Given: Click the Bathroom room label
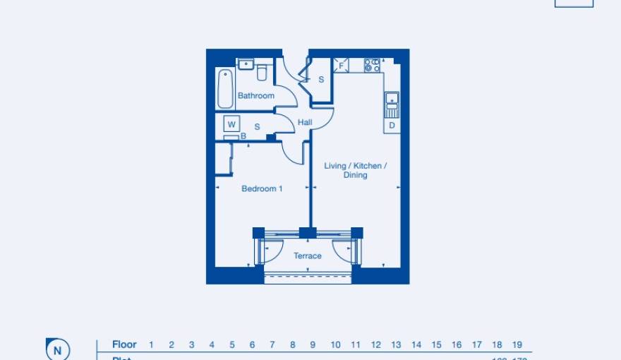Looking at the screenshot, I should pyautogui.click(x=255, y=95).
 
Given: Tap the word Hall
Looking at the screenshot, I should pyautogui.click(x=305, y=122).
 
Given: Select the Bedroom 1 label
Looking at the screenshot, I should pyautogui.click(x=262, y=188).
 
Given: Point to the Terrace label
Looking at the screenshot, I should pyautogui.click(x=308, y=256).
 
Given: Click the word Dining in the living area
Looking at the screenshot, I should pyautogui.click(x=355, y=175).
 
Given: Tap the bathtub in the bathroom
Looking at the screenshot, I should pyautogui.click(x=225, y=88).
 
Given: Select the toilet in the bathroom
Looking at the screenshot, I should pyautogui.click(x=262, y=72).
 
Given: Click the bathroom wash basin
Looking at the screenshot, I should pyautogui.click(x=246, y=65).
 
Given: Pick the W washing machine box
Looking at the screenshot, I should pyautogui.click(x=231, y=124).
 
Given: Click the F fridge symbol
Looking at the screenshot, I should pyautogui.click(x=341, y=66).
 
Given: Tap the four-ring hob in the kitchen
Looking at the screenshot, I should pyautogui.click(x=372, y=66).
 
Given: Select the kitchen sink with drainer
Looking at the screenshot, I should pyautogui.click(x=392, y=104).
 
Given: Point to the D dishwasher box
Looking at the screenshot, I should pyautogui.click(x=392, y=126).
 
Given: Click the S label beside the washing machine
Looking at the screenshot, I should pyautogui.click(x=257, y=127).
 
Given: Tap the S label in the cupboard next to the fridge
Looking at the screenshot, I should pyautogui.click(x=321, y=80).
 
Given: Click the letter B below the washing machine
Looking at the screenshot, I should pyautogui.click(x=243, y=136).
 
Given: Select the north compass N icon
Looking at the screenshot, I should pyautogui.click(x=58, y=349).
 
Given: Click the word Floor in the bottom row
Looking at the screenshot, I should pyautogui.click(x=124, y=344).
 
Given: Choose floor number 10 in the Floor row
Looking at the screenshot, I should pyautogui.click(x=335, y=344).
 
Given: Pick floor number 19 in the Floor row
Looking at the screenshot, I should pyautogui.click(x=517, y=344).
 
